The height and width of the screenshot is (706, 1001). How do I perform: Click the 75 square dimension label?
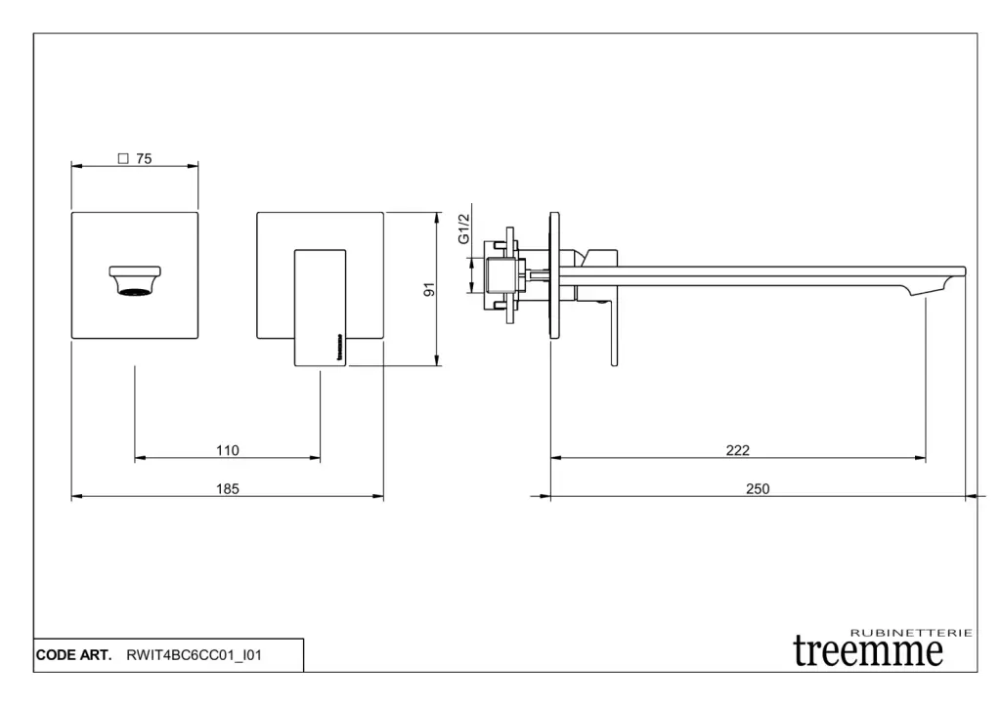point(143,159)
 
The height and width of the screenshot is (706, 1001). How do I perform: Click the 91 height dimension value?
point(428,290)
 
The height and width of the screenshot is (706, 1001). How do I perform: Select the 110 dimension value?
point(227,450)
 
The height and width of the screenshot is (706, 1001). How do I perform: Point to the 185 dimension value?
point(227,489)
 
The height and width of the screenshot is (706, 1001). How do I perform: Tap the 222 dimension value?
point(738,450)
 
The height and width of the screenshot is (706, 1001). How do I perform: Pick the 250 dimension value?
point(758,489)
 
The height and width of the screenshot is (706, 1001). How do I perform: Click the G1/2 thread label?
point(464,229)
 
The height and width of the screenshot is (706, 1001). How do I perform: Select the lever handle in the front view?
point(321,307)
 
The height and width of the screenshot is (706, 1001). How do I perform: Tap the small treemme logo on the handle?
point(340,348)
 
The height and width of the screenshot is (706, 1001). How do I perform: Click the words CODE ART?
point(74,655)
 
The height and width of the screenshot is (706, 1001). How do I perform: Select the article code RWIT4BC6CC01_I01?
point(194,655)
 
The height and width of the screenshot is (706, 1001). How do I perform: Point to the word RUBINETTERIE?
point(911,633)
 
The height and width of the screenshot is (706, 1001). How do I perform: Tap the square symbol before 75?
point(123,159)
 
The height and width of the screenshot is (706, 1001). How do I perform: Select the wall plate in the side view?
point(554,274)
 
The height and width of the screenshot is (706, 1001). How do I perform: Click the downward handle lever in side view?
point(613,332)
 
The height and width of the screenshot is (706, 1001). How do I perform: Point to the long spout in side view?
point(762,276)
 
